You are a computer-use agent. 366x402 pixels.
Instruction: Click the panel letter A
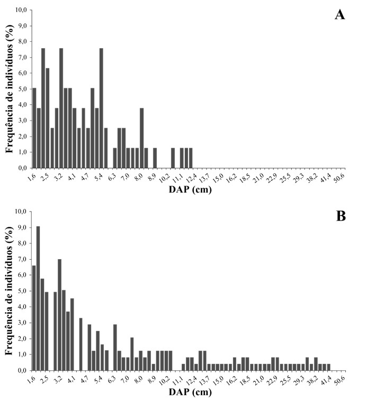pos(340,14)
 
